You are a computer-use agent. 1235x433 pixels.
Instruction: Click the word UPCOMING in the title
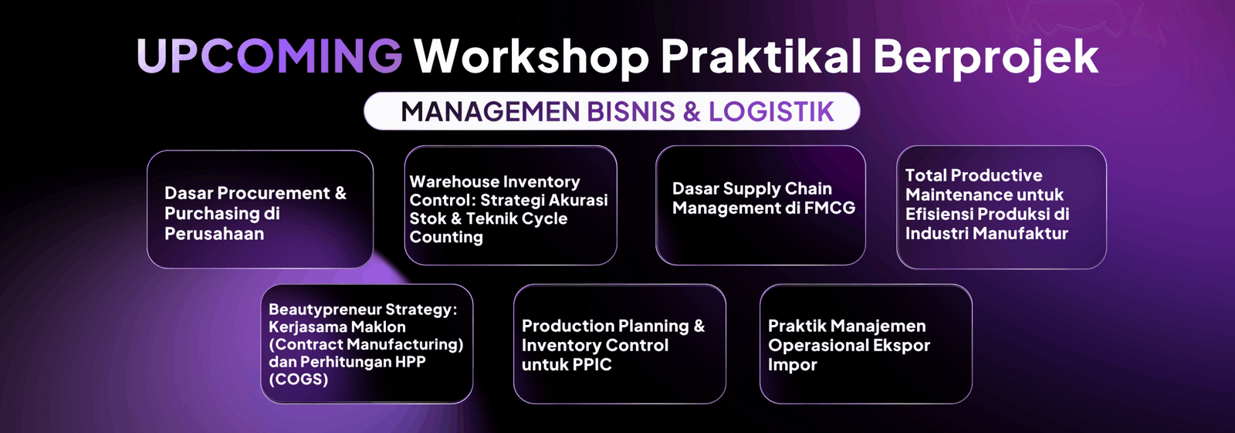tap(269, 56)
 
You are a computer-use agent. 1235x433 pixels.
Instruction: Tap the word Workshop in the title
tap(532, 57)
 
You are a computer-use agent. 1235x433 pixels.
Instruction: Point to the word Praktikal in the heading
tap(761, 56)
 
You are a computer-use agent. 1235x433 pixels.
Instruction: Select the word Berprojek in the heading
tap(986, 57)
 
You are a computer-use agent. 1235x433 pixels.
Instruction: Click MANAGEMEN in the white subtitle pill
tap(490, 111)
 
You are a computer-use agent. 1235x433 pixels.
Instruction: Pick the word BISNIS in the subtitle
tap(631, 111)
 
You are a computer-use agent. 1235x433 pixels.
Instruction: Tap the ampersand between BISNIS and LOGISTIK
tap(692, 111)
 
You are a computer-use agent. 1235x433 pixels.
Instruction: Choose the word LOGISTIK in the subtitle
tap(771, 111)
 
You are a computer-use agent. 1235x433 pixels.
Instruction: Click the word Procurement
tap(273, 193)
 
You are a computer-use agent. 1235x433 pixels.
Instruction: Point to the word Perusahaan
tap(214, 234)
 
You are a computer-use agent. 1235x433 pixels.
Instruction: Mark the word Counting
tap(446, 237)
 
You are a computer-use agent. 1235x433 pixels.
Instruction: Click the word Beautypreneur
tap(324, 310)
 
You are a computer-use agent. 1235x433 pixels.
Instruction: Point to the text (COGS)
tap(298, 380)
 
